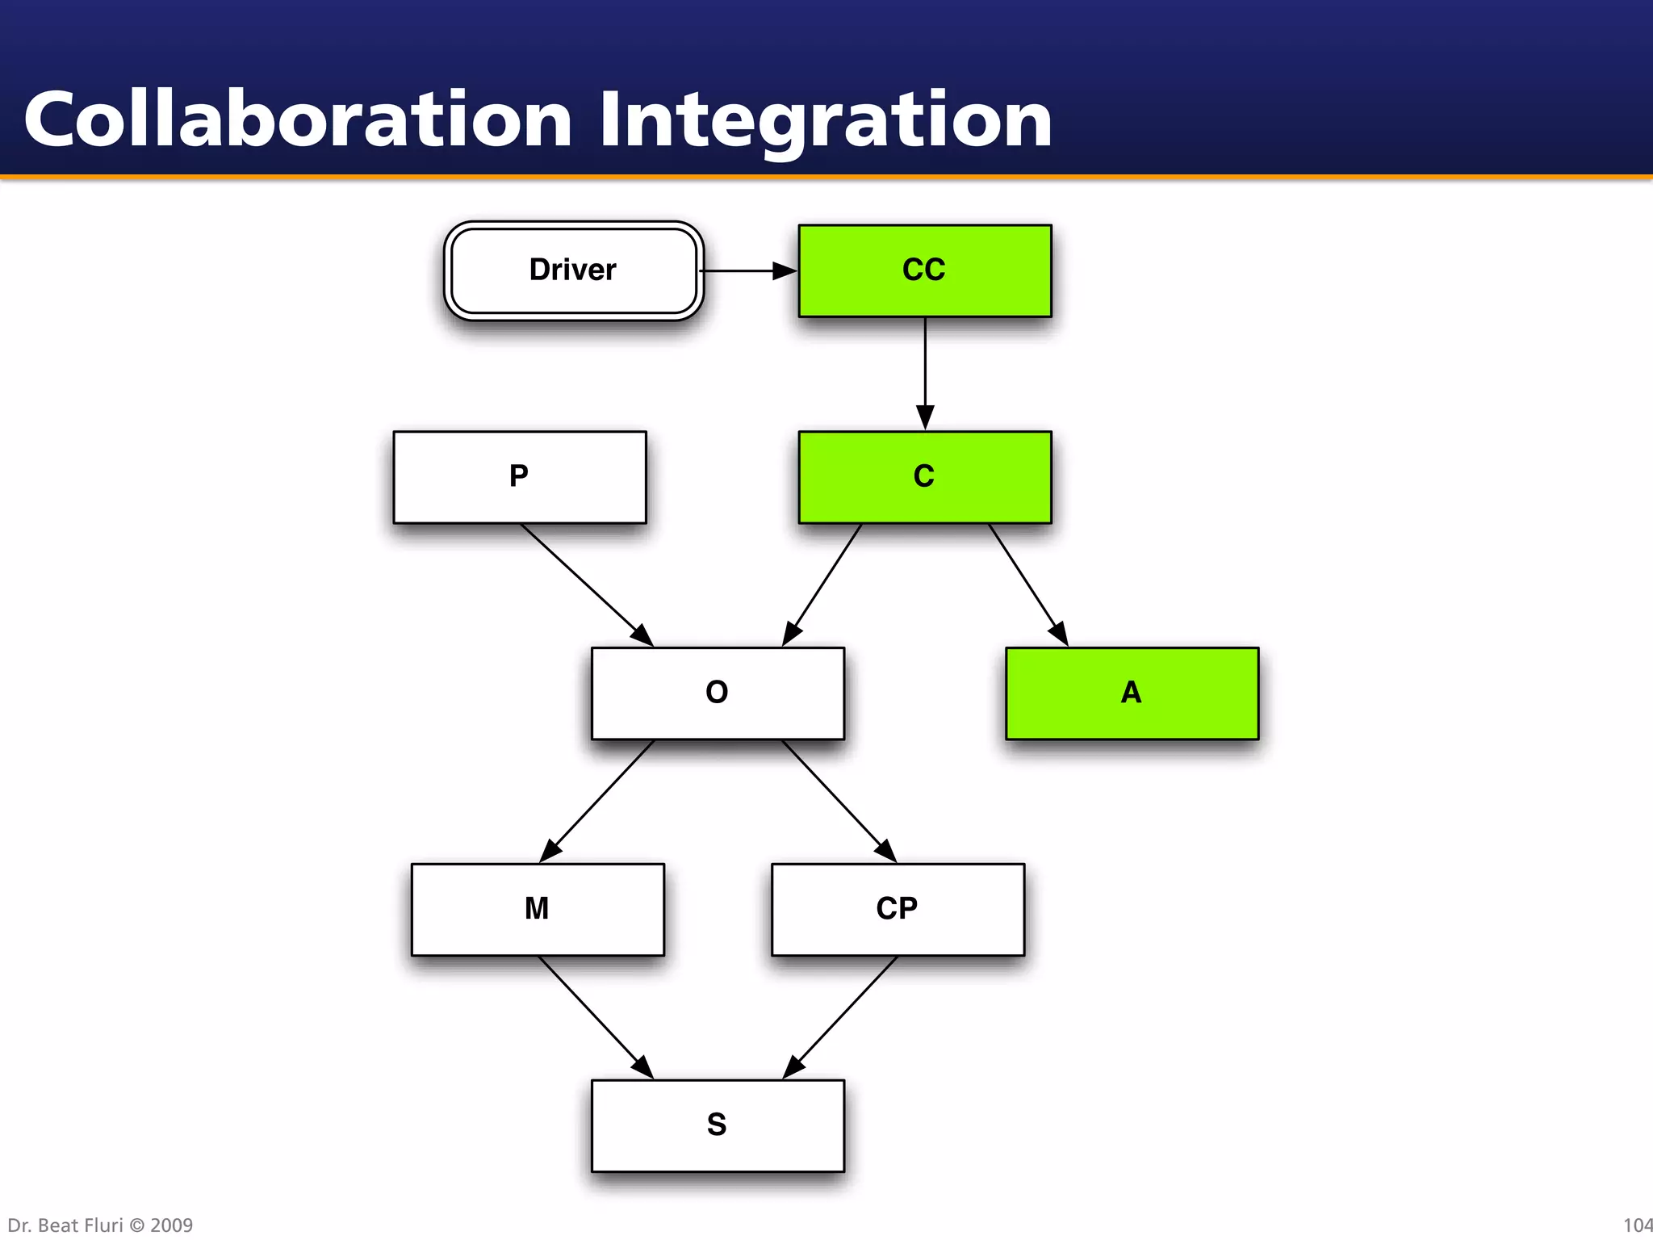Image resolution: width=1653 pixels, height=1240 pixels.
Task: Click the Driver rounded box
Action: (573, 270)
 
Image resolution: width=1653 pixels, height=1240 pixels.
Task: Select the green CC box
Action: (925, 270)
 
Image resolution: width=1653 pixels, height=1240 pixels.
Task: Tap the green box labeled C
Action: (925, 477)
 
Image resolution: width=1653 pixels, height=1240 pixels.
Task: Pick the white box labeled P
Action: (520, 477)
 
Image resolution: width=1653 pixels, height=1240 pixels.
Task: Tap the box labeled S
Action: (718, 1125)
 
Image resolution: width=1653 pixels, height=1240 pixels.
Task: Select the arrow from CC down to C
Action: (925, 371)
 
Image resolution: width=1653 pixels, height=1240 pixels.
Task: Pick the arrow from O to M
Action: (597, 800)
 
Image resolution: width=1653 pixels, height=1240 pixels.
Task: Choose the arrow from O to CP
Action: (838, 800)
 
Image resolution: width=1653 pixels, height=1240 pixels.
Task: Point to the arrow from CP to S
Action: (841, 1017)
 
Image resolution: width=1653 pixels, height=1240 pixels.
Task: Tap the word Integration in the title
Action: (825, 121)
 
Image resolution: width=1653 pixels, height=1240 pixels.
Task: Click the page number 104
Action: (1637, 1225)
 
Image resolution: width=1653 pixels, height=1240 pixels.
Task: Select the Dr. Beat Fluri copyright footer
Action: (100, 1225)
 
